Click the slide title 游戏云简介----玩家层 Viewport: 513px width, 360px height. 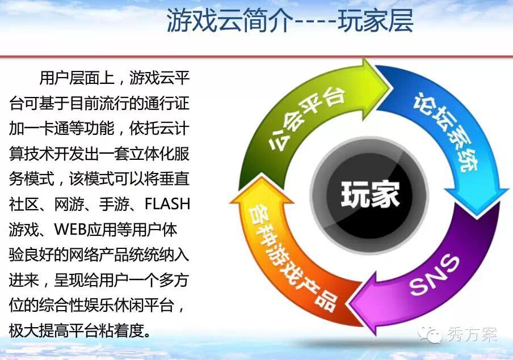290,20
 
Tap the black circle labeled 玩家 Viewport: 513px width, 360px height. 369,195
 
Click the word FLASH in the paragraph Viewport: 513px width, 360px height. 167,204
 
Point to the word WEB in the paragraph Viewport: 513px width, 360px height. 70,229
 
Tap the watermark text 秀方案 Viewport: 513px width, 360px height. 472,334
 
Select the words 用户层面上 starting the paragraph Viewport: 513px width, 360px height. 77,78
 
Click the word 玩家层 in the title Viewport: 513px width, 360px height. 376,20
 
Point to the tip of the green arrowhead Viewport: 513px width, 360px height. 392,88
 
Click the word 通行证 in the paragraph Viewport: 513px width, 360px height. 167,103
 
